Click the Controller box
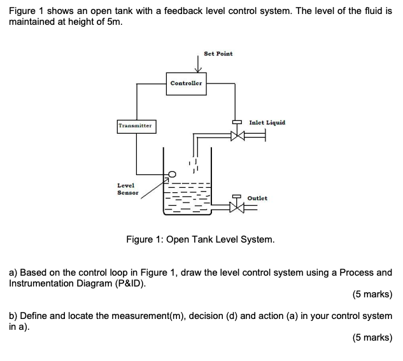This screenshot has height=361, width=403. (186, 83)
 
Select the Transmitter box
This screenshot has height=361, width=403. (136, 126)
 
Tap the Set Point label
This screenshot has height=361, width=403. (218, 53)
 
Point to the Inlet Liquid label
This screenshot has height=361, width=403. (267, 122)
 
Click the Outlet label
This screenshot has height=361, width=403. (257, 198)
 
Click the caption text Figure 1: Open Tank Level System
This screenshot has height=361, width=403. (201, 240)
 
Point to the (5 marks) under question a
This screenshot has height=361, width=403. (372, 294)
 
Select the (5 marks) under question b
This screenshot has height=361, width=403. (372, 337)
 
